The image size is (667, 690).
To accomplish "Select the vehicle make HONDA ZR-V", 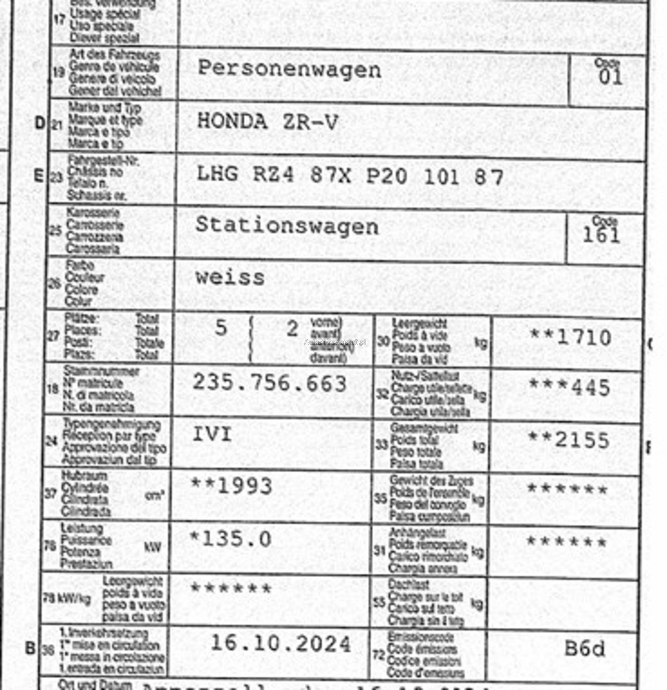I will click(267, 122).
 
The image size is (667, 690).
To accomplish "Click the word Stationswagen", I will click(287, 226).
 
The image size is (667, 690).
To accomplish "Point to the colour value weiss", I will click(230, 278).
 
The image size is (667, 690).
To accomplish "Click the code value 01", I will click(610, 78).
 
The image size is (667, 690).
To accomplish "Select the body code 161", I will click(601, 235).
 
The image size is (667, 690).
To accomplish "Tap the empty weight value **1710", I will click(570, 338).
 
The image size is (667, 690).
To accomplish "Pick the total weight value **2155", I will click(569, 440).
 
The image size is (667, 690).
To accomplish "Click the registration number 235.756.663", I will click(270, 383).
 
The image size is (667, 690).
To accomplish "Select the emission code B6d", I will click(585, 649).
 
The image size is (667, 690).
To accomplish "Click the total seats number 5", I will click(221, 329).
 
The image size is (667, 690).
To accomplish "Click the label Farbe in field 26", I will click(80, 266).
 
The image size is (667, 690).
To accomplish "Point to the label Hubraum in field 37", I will click(84, 476).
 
